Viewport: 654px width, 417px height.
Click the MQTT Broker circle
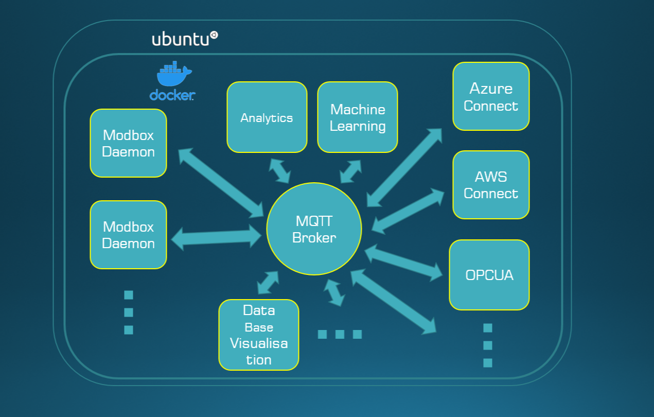(314, 229)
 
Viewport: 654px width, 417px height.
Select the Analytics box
(267, 117)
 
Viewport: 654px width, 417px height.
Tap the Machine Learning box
(358, 117)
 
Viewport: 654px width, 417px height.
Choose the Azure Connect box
(491, 97)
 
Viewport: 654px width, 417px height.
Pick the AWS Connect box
(491, 185)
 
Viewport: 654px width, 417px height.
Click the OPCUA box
(489, 275)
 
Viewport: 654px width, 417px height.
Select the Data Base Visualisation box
(258, 335)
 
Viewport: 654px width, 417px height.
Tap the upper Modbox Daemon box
(128, 143)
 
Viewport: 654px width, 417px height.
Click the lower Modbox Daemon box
(128, 235)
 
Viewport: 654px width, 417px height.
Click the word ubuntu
(181, 39)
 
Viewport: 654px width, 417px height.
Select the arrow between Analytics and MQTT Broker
(280, 171)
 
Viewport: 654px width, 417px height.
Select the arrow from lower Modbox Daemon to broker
(216, 238)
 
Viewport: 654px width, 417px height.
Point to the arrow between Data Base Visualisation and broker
(268, 283)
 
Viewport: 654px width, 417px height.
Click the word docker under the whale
(172, 95)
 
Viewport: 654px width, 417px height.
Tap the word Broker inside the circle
(314, 238)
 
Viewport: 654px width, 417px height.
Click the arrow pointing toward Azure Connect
(404, 168)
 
